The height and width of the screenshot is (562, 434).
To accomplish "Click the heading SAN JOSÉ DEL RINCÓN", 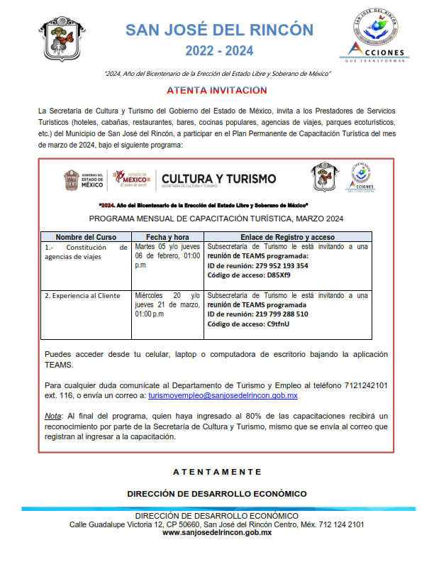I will [219, 29].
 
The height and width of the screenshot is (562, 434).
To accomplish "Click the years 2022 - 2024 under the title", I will [219, 50].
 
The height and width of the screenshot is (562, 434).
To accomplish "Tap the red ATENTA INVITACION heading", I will [217, 91].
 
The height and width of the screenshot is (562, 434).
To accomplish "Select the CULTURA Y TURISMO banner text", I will [219, 179].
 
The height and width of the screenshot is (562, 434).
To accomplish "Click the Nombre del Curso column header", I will [86, 236].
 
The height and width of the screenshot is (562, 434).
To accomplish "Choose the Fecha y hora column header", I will [167, 236].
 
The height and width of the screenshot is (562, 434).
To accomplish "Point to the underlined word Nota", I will [52, 414].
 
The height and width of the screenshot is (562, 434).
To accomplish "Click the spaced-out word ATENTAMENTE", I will [217, 472].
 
